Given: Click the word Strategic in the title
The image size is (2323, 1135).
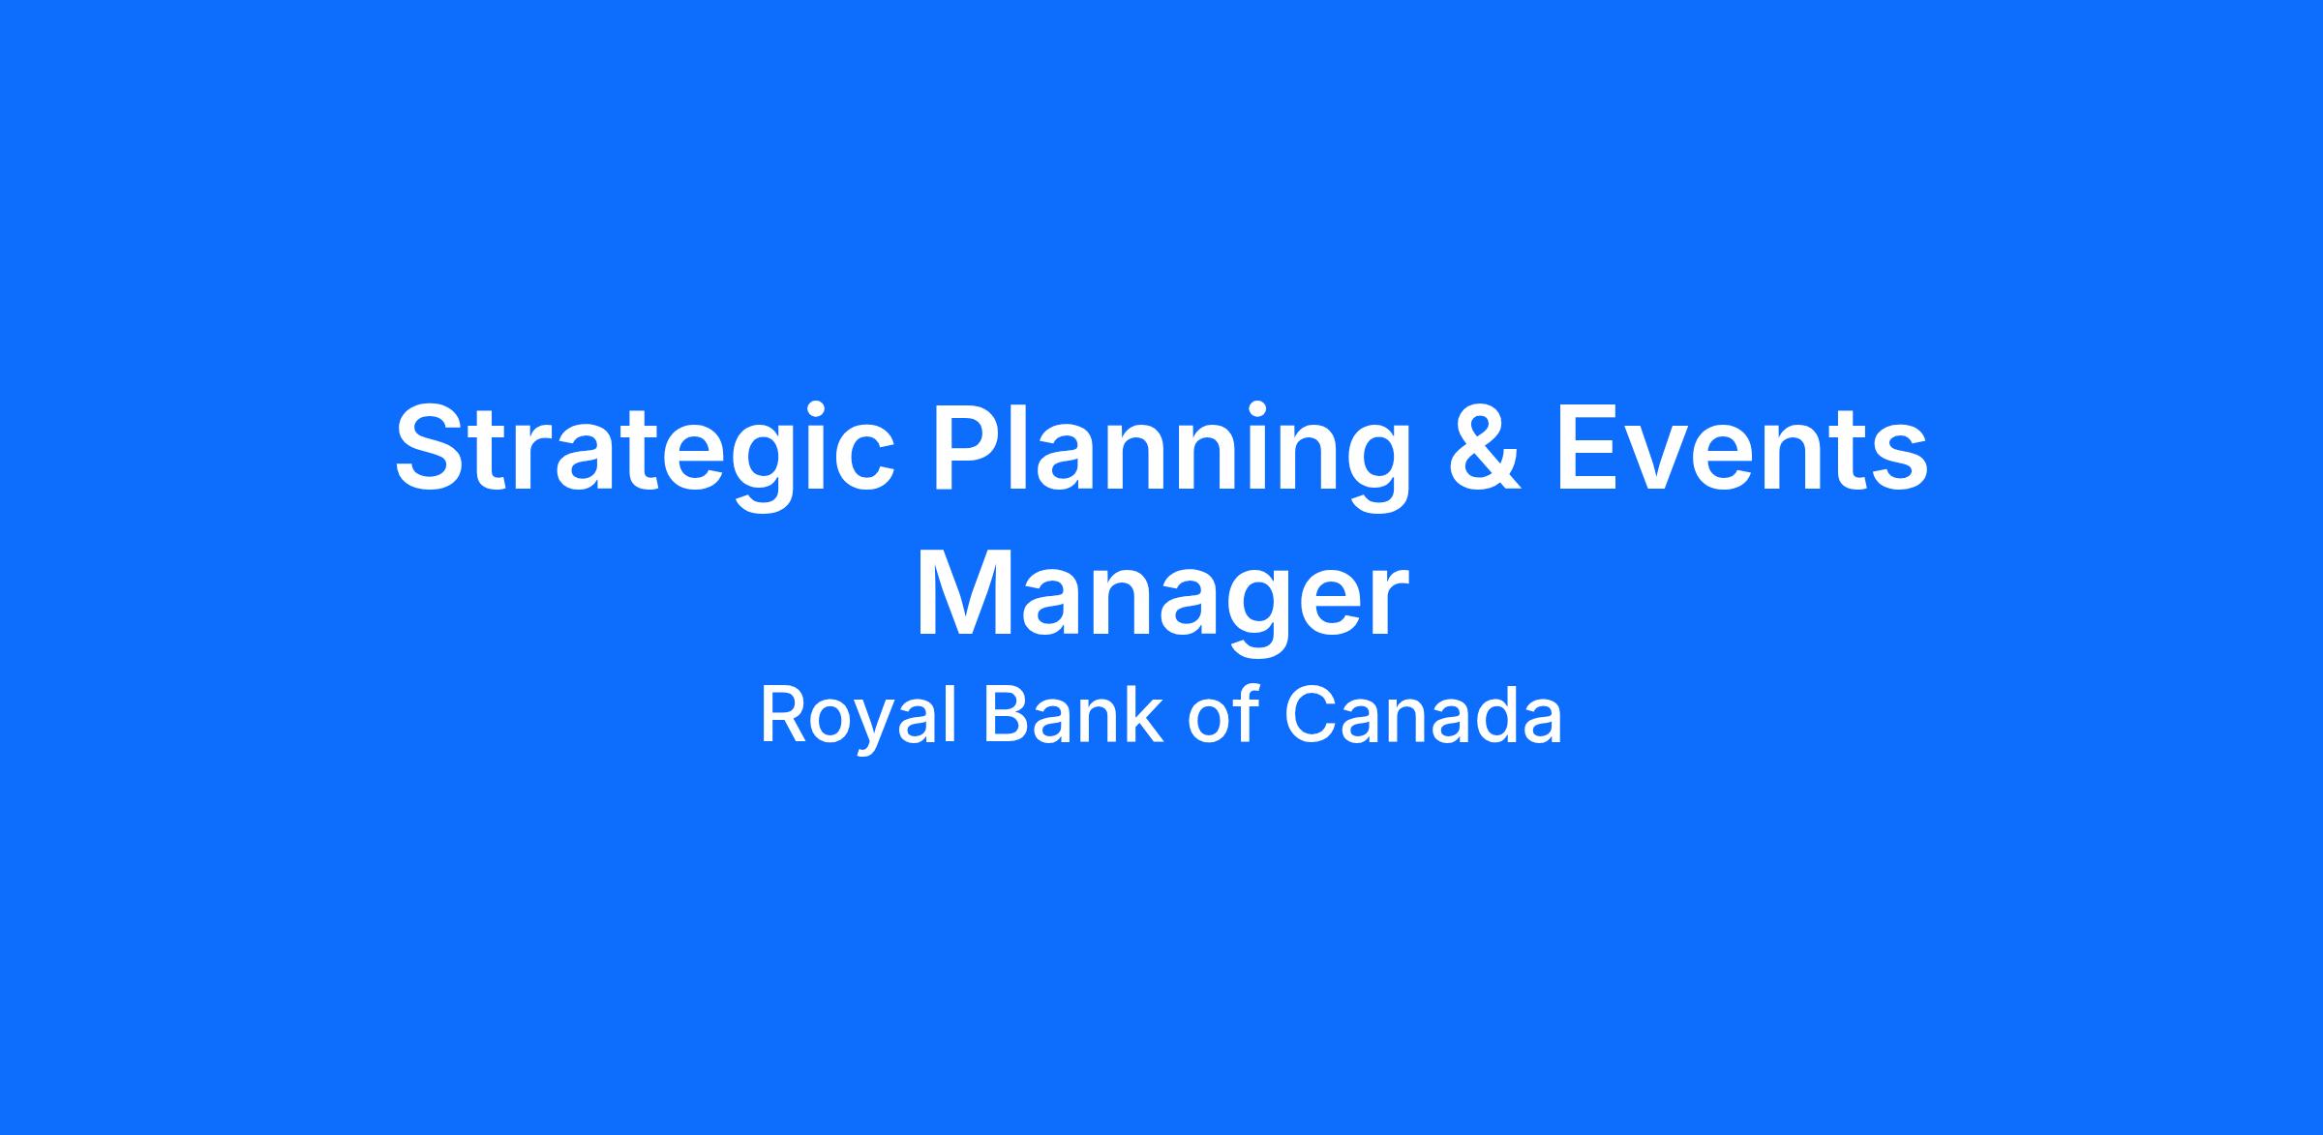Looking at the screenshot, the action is [x=645, y=454].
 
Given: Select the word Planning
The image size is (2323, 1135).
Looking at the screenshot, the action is [x=1170, y=454].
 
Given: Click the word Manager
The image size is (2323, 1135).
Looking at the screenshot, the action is [x=1161, y=600].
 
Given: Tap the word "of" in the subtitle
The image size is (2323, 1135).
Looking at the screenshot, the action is [x=1222, y=715].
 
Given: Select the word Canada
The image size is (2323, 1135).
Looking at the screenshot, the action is [x=1423, y=715].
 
